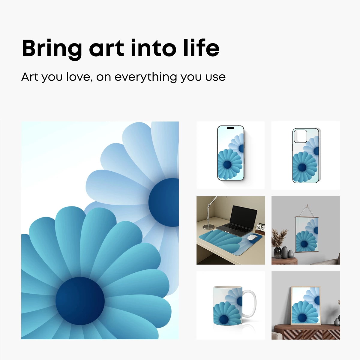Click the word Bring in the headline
52,49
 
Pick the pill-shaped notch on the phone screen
230,128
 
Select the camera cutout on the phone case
300,136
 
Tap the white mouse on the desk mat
252,238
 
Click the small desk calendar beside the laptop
261,228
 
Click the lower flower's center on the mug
223,319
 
